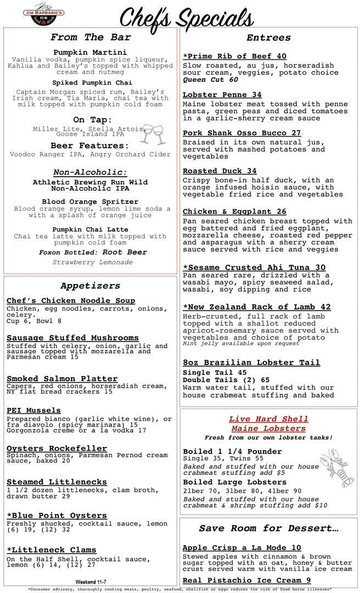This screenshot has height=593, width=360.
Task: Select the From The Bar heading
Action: tap(91, 37)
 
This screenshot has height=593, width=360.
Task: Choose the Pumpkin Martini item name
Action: tap(90, 52)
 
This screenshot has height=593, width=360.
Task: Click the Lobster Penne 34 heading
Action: tap(222, 95)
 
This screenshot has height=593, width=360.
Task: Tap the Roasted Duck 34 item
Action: tap(220, 171)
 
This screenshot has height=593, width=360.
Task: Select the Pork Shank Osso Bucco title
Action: tap(242, 133)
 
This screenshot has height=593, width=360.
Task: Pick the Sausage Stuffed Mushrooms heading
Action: tap(72, 338)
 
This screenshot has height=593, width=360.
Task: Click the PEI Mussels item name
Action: tap(33, 410)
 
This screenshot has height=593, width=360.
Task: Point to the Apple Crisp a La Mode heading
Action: tap(242, 547)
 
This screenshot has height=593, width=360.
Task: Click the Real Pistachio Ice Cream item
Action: tap(247, 580)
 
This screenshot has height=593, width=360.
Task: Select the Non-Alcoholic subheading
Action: tap(90, 172)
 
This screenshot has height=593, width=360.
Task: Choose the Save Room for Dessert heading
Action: tap(268, 528)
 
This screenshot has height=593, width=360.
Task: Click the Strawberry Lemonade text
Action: tap(92, 262)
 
